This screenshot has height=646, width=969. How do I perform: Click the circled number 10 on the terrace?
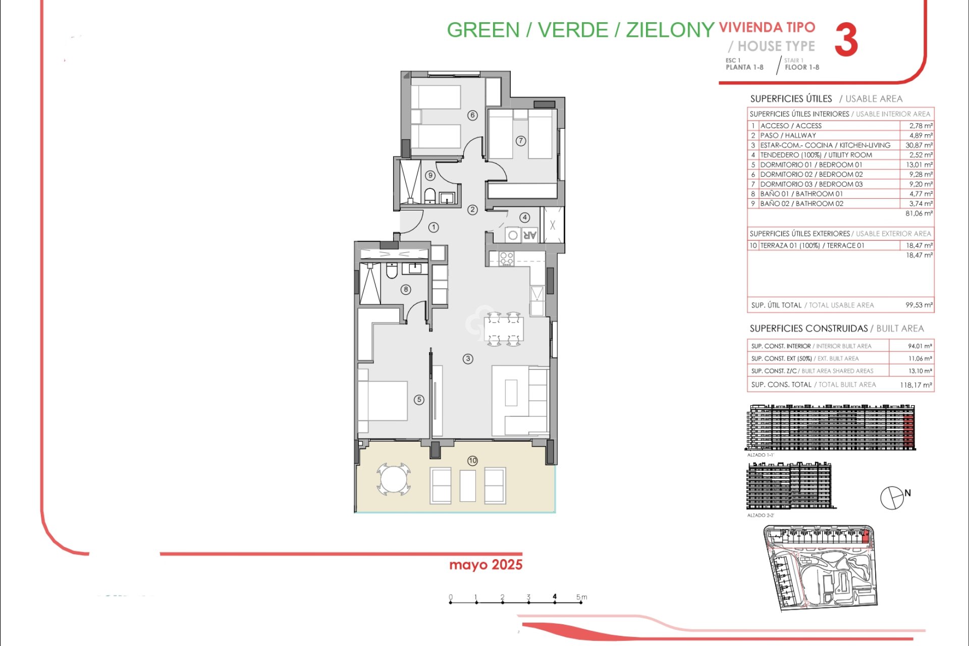coord(472,460)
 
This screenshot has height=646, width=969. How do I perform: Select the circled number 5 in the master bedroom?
coord(419,400)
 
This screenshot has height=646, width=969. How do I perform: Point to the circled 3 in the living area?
coord(468,359)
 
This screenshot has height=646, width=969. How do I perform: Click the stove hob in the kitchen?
coord(506,259)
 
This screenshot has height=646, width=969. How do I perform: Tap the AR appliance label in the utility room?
coord(529,235)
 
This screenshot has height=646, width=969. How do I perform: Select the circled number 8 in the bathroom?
coord(406,289)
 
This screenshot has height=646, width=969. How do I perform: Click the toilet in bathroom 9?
coord(429,195)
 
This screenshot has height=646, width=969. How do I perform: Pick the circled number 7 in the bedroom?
coord(521,141)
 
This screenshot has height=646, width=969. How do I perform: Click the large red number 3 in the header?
coord(846,40)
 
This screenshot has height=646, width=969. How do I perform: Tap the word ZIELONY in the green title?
coord(670,30)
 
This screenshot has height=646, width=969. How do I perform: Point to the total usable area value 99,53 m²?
coord(919,305)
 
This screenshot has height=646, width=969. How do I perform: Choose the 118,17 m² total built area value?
coord(916,385)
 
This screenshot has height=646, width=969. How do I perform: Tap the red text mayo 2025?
coord(486,565)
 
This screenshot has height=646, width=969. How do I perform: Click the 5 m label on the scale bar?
coord(581,597)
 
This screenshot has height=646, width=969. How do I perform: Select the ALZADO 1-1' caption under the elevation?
coord(761,455)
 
